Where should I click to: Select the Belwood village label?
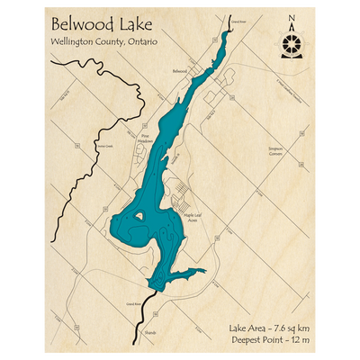[179, 69]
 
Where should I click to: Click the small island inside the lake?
[139, 216]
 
